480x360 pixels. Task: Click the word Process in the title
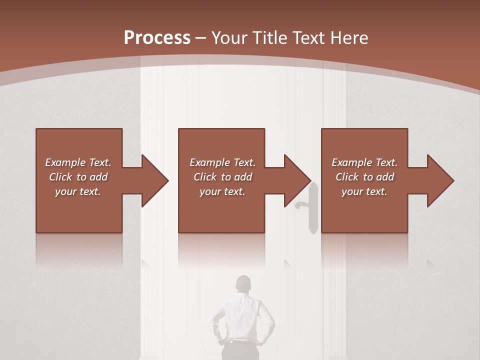point(157,38)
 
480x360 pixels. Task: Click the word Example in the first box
point(65,162)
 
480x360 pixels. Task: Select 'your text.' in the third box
point(364,191)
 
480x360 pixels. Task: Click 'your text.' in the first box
point(78,191)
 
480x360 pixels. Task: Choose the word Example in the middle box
point(209,162)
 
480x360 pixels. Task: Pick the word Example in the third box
point(351,162)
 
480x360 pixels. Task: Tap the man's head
point(243,284)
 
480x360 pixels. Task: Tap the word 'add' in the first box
point(98,177)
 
